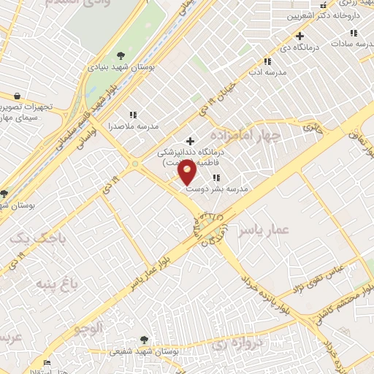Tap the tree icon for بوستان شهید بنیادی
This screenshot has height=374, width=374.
pos(121,56)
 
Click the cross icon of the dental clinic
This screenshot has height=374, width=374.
pos(191,141)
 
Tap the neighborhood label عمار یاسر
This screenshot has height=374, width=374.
pos(264,230)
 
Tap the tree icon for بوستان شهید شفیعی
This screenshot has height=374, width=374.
pos(144,340)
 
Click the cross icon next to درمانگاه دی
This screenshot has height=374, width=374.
pos(299,36)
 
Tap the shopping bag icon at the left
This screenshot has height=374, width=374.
pos(17,96)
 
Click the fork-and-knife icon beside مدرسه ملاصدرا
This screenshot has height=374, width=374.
pos(133,115)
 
